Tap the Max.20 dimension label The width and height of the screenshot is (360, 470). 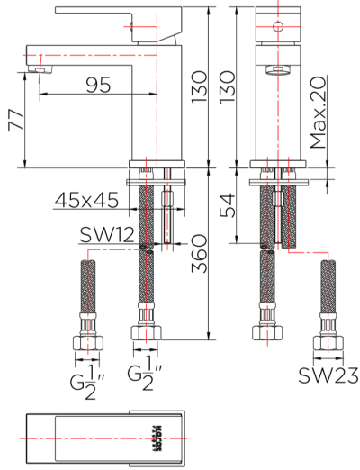pos(318,113)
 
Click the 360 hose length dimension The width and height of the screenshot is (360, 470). pos(200,256)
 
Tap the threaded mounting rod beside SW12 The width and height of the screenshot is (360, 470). pos(169,207)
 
